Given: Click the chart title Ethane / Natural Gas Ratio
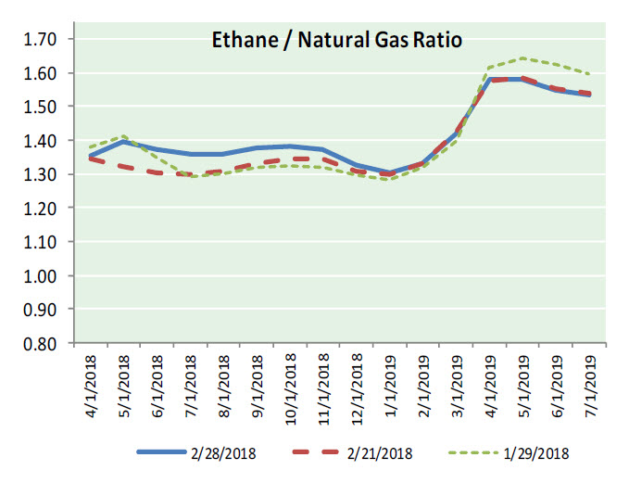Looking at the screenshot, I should (334, 41).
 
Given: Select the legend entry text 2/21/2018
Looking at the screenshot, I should (380, 454).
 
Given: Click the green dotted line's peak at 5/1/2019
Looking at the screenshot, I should (523, 58).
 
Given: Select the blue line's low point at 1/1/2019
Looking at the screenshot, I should (391, 172).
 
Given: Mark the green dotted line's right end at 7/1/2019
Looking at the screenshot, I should (590, 74).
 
